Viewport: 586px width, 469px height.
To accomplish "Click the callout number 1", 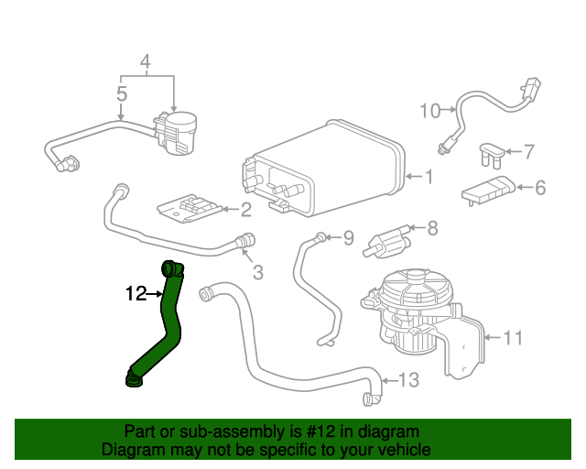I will pyautogui.click(x=427, y=177).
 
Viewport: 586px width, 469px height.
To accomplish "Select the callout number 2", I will pyautogui.click(x=245, y=211).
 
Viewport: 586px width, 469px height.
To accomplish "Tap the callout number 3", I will pyautogui.click(x=257, y=271).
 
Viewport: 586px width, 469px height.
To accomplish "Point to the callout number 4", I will pyautogui.click(x=145, y=63).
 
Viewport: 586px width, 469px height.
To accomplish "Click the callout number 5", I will pyautogui.click(x=121, y=93).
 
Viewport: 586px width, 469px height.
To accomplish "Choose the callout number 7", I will pyautogui.click(x=528, y=150).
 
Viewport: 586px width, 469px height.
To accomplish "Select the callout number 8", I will pyautogui.click(x=432, y=228).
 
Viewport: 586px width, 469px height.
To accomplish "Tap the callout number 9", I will pyautogui.click(x=347, y=239).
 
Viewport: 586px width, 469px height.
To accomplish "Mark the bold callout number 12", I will pyautogui.click(x=136, y=294).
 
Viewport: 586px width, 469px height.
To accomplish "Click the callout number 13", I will pyautogui.click(x=408, y=380).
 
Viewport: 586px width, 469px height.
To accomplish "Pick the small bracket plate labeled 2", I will pyautogui.click(x=190, y=210).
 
